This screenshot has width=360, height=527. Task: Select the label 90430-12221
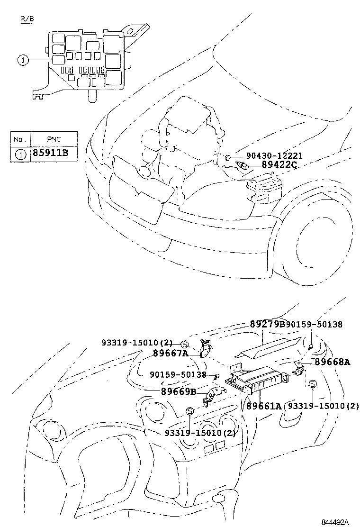click(274, 155)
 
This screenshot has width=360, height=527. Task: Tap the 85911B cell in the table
click(50, 153)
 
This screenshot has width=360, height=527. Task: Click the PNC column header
click(54, 139)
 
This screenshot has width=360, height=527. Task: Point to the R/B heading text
click(27, 19)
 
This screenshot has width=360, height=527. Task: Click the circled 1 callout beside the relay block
click(23, 61)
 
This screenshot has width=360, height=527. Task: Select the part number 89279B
click(267, 324)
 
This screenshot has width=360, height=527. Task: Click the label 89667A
click(171, 353)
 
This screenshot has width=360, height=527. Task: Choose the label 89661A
click(264, 406)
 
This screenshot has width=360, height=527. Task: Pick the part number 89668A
click(333, 362)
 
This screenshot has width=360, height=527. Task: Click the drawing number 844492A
click(335, 522)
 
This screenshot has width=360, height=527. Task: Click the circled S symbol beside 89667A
click(184, 344)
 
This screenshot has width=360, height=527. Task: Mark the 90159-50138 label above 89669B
click(178, 374)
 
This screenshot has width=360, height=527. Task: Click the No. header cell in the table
click(18, 139)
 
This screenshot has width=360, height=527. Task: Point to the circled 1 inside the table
click(20, 154)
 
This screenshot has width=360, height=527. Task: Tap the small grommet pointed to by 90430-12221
click(227, 157)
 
